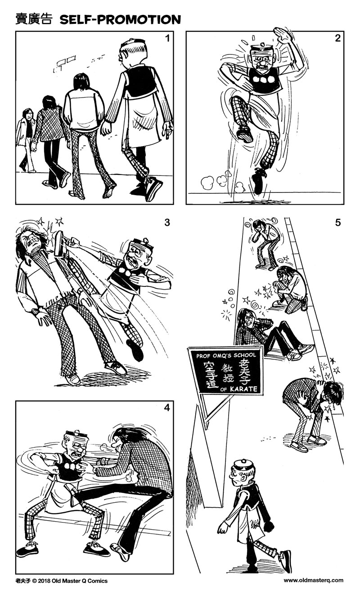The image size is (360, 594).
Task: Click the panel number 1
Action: point(167,39)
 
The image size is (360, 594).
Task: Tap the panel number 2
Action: point(337,38)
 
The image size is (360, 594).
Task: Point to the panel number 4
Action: point(167,408)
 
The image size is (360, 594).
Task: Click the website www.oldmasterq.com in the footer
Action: point(313,581)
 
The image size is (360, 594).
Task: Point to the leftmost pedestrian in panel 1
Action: point(26,139)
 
